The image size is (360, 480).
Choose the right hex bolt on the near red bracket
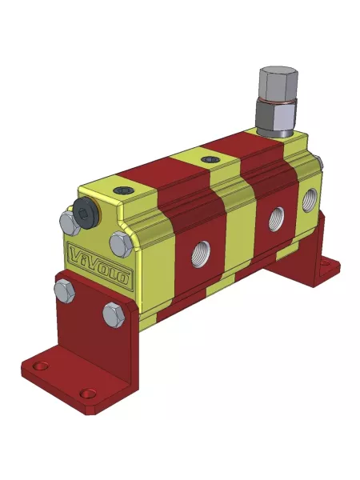point(114,314)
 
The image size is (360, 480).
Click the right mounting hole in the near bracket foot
point(88,393)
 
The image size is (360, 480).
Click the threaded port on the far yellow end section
point(310,197)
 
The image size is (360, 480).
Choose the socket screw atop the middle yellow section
point(210,159)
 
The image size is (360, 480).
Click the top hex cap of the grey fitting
point(278,82)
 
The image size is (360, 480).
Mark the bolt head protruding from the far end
point(320,163)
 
